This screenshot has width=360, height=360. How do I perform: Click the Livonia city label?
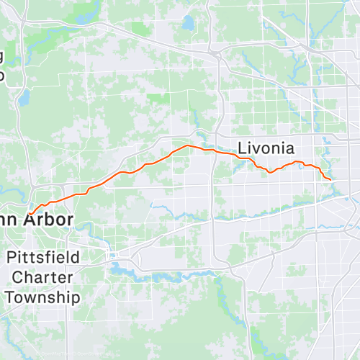266,148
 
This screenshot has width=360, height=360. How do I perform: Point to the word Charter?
40,277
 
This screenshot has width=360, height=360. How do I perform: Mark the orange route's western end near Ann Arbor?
31,212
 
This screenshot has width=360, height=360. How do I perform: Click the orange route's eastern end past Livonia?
330,179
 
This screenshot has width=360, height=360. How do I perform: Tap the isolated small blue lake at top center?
189,24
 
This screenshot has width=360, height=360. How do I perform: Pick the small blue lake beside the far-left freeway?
23,96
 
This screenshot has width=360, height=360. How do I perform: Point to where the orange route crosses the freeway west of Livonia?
212,150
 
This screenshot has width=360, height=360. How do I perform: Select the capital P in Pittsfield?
12,258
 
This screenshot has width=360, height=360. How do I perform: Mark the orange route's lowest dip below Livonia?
270,172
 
